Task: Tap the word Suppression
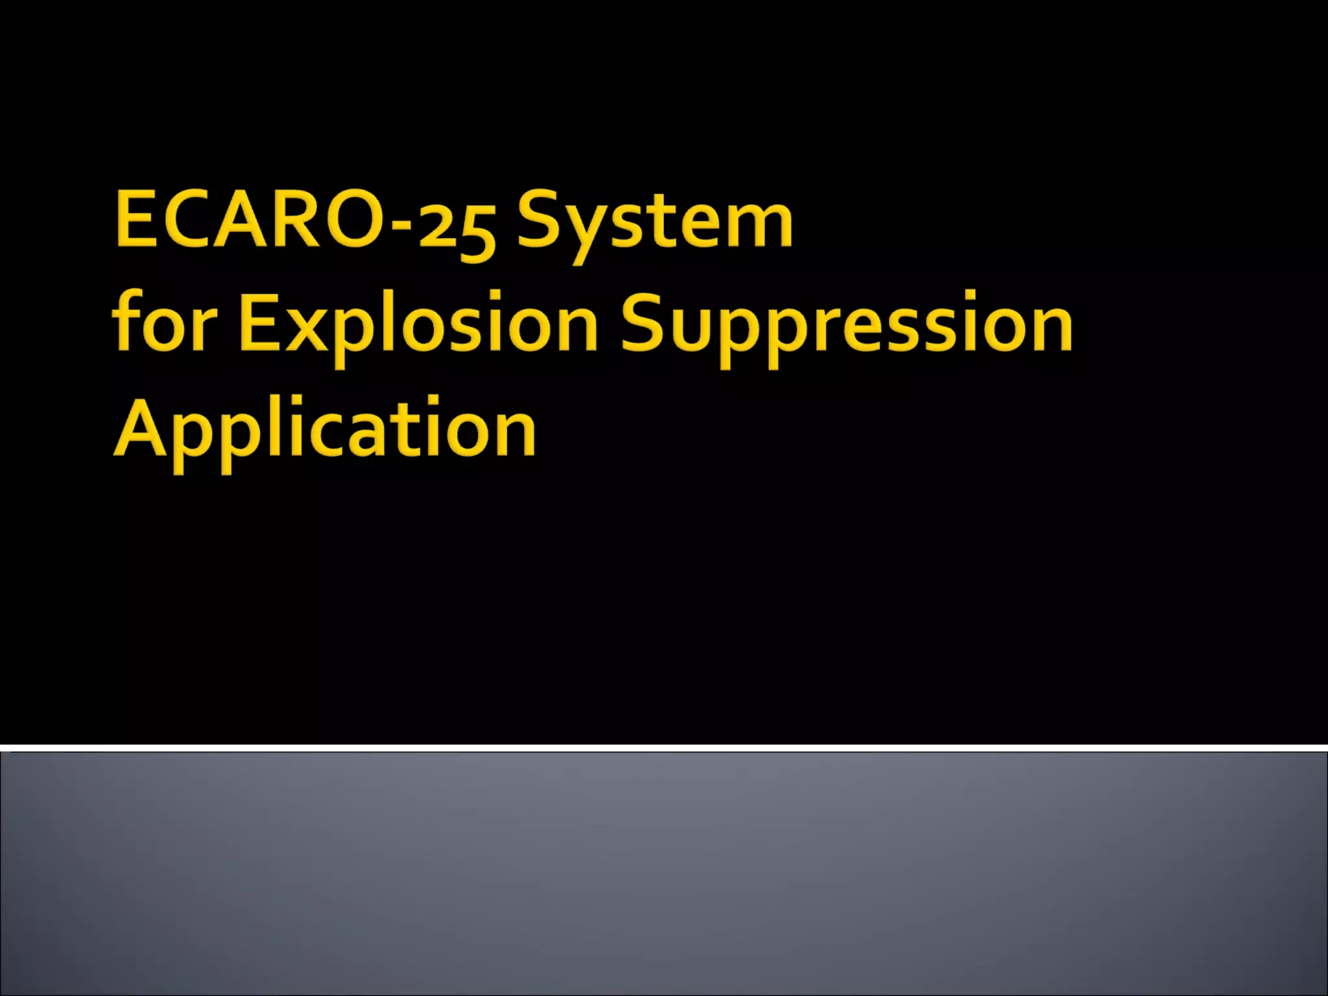click(x=846, y=324)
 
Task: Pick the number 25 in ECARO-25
click(x=457, y=227)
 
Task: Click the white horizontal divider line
click(x=664, y=748)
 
